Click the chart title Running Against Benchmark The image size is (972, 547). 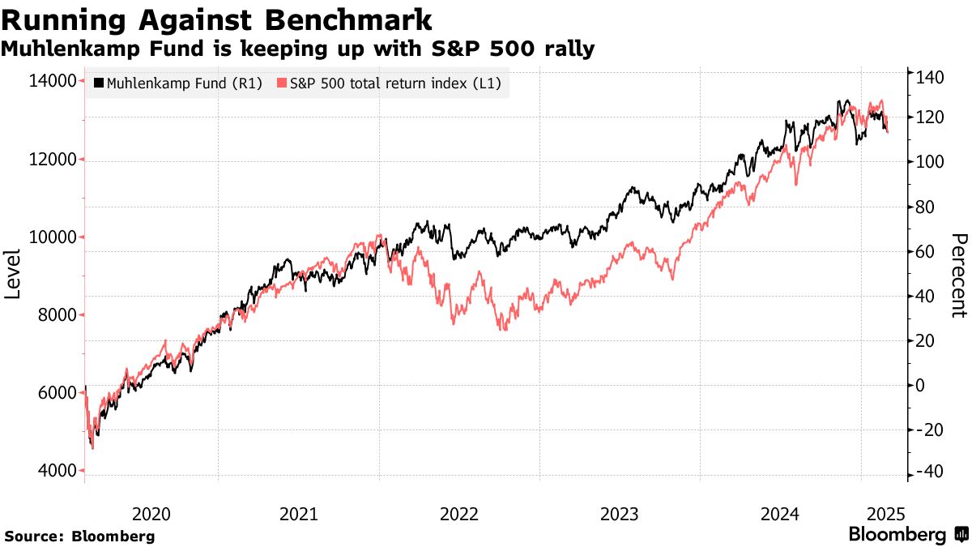pyautogui.click(x=217, y=19)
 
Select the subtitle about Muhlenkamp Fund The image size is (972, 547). pyautogui.click(x=298, y=49)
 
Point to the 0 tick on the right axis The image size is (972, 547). pyautogui.click(x=921, y=385)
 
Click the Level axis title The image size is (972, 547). pyautogui.click(x=14, y=274)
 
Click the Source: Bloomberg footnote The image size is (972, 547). pyautogui.click(x=79, y=536)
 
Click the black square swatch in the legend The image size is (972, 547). pyautogui.click(x=100, y=83)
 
